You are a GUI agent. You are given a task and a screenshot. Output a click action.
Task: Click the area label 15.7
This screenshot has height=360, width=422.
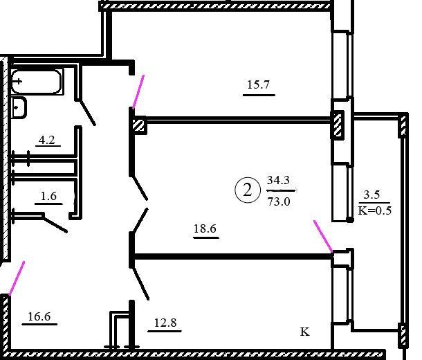point(258,84)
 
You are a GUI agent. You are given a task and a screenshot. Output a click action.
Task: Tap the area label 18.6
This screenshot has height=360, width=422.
point(205,228)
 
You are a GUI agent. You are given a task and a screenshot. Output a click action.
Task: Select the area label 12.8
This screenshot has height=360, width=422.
point(165,323)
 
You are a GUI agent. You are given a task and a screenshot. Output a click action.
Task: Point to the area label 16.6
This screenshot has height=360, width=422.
point(39,316)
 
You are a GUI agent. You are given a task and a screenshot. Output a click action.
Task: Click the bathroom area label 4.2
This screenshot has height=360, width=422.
point(47,140)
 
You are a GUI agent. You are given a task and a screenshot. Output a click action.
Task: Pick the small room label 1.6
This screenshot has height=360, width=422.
point(48,196)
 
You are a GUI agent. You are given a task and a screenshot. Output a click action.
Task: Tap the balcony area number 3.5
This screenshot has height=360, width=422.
point(371,194)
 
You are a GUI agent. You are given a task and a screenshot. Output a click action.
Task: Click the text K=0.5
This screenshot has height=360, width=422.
point(375,210)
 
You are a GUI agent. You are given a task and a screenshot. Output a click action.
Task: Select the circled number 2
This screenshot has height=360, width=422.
point(248,190)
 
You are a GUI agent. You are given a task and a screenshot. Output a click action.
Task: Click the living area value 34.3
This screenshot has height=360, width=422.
point(278,180)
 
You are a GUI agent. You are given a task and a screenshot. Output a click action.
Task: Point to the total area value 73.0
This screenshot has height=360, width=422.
point(279,201)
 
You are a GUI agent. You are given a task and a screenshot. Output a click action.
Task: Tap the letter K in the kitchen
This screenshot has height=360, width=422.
point(304,332)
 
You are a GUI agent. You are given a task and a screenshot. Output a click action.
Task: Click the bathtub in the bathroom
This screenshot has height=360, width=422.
point(37,81)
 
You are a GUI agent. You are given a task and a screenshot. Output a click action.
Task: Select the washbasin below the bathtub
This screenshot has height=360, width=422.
point(19,107)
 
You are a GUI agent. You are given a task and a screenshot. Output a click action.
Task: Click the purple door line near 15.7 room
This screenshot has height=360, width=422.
point(138,92)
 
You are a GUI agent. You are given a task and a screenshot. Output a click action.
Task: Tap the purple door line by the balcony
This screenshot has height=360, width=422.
point(323,236)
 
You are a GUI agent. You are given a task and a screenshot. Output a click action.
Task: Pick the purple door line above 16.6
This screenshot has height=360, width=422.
point(17,278)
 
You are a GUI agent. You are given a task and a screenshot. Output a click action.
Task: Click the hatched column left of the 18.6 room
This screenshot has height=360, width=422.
point(140,125)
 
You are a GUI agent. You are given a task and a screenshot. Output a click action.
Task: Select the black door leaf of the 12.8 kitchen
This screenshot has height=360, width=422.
point(140,282)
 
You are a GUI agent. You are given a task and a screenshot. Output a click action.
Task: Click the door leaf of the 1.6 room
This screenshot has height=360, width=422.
point(55,223)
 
